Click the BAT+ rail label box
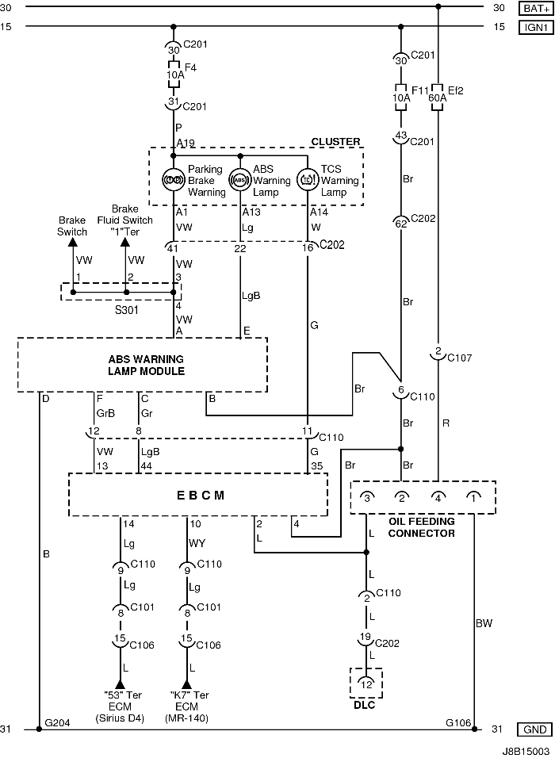pyautogui.click(x=536, y=8)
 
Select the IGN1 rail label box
pyautogui.click(x=536, y=27)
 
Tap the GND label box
pyautogui.click(x=534, y=729)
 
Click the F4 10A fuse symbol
pyautogui.click(x=174, y=75)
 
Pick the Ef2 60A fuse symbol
pyautogui.click(x=437, y=98)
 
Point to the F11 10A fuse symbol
pyautogui.click(x=400, y=98)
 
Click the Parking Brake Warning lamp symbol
pyautogui.click(x=174, y=179)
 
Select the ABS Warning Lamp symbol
pyautogui.click(x=240, y=179)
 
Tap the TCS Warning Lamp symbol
pyautogui.click(x=308, y=179)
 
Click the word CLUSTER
pyautogui.click(x=335, y=142)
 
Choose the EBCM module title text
pyautogui.click(x=200, y=496)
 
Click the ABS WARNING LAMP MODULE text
pyautogui.click(x=146, y=365)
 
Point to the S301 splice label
pyautogui.click(x=126, y=310)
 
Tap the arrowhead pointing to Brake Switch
pyautogui.click(x=72, y=242)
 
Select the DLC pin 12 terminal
pyautogui.click(x=366, y=683)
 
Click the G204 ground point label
pyautogui.click(x=57, y=722)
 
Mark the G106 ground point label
pyautogui.click(x=458, y=722)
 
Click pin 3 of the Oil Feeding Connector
pyautogui.click(x=367, y=497)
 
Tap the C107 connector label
pyautogui.click(x=459, y=358)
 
